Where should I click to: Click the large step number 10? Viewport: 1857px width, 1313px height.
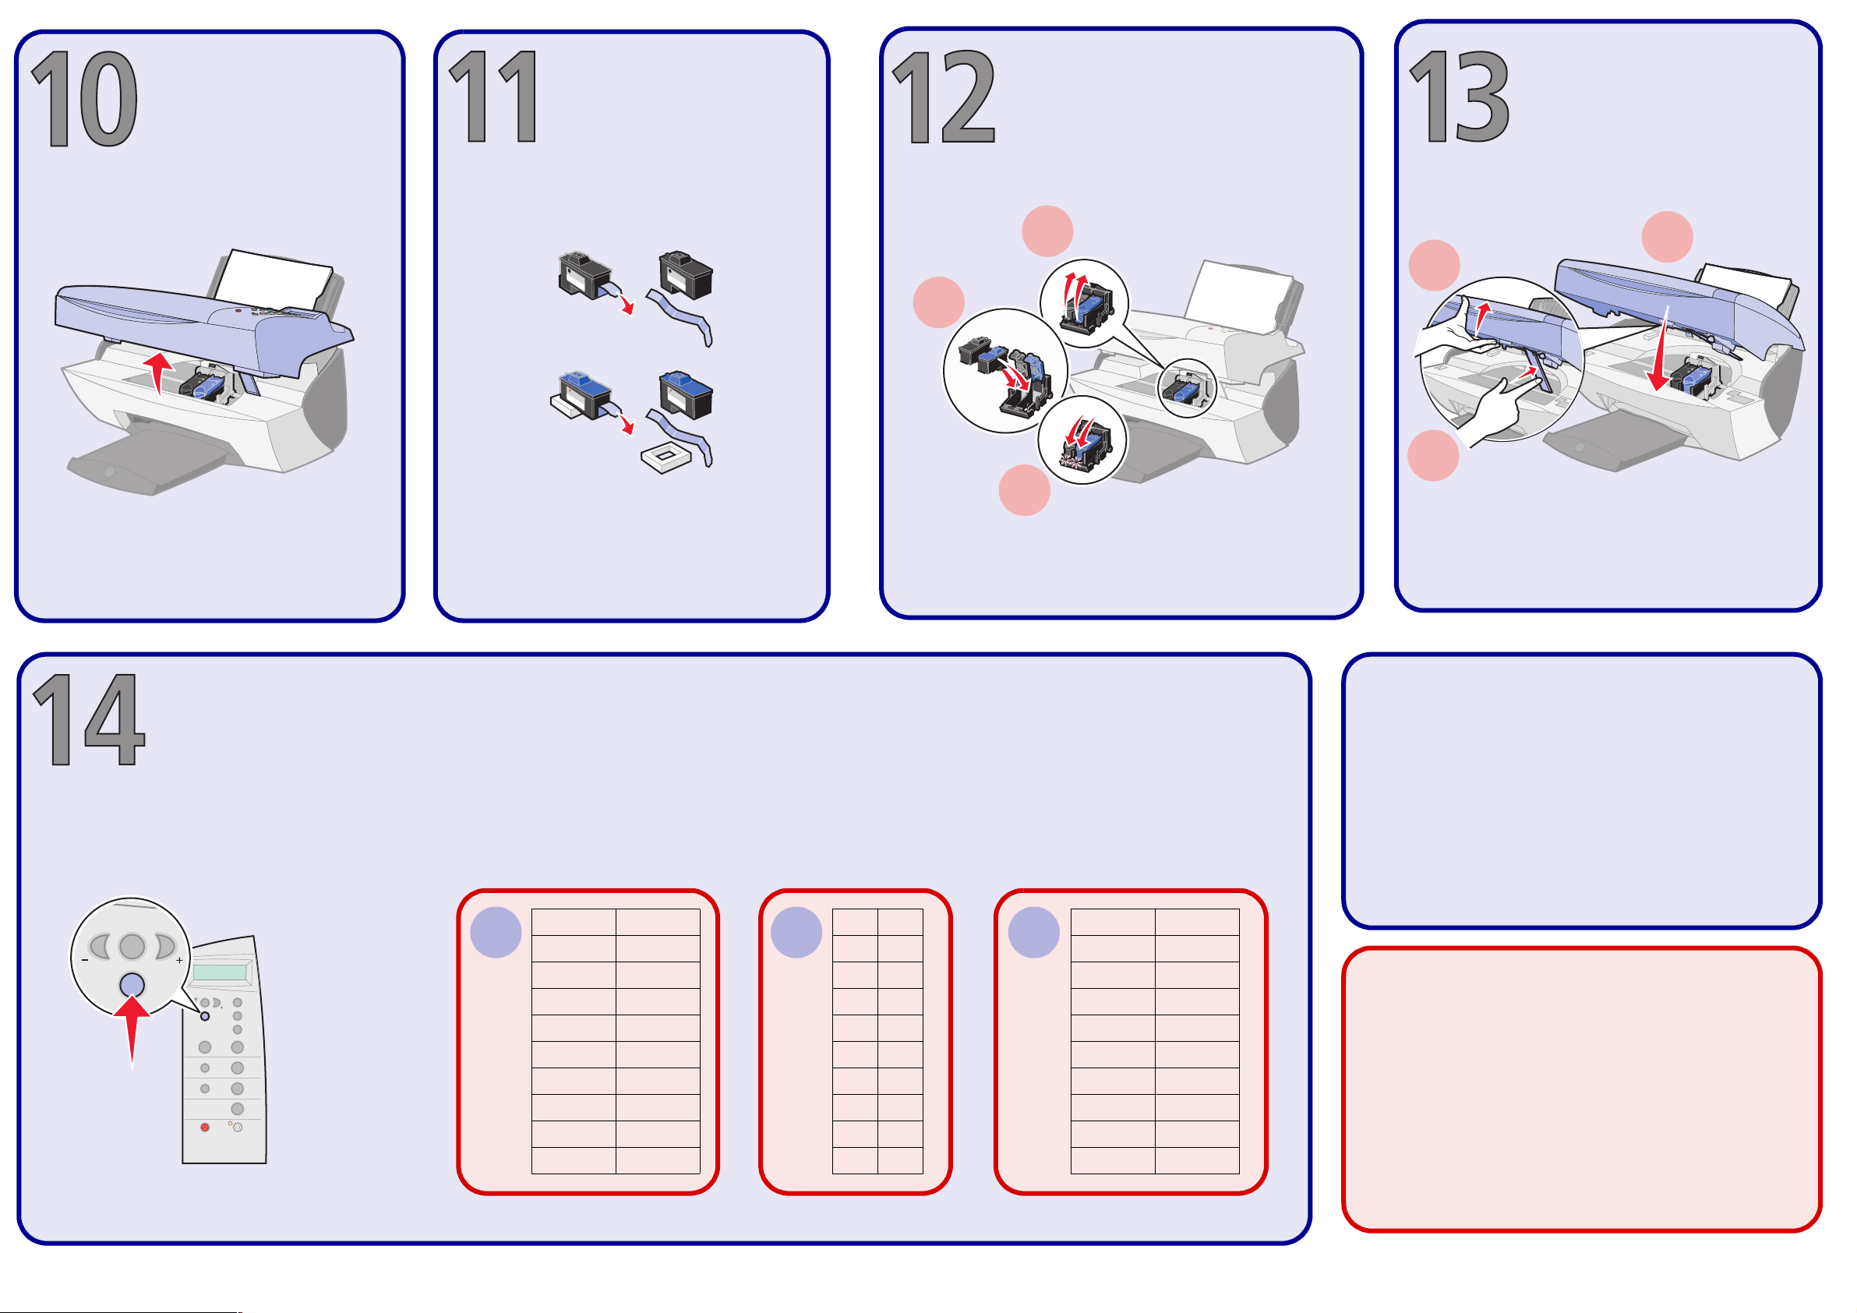(x=85, y=99)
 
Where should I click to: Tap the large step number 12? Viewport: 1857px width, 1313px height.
(x=944, y=97)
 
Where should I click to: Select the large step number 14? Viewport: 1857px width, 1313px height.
(x=89, y=719)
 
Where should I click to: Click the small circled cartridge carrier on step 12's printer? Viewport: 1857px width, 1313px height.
(x=1187, y=388)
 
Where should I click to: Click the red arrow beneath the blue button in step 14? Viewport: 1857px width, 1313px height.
(x=132, y=1032)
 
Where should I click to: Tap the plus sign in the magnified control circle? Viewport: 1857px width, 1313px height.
(x=179, y=960)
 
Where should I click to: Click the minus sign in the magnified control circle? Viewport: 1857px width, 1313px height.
(x=85, y=960)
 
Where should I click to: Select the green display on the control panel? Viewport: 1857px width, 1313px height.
(x=219, y=972)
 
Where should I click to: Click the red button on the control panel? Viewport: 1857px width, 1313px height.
(x=205, y=1127)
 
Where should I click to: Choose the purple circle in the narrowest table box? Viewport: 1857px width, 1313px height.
(x=796, y=933)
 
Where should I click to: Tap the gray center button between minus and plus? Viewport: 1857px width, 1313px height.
(x=132, y=946)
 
